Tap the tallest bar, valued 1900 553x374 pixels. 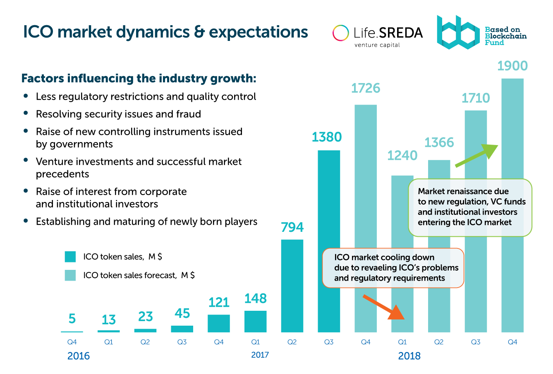[512, 124]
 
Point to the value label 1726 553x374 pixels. [366, 88]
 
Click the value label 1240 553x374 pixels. [402, 155]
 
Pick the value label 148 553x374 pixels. [256, 298]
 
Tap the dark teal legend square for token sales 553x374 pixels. [70, 257]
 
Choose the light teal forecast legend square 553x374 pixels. [70, 275]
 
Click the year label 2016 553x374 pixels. [79, 356]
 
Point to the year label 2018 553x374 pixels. [409, 356]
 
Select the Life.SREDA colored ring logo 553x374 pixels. [341, 33]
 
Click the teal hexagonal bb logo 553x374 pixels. [457, 33]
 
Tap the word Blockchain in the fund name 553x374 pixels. [505, 36]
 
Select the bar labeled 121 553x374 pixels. [219, 323]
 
